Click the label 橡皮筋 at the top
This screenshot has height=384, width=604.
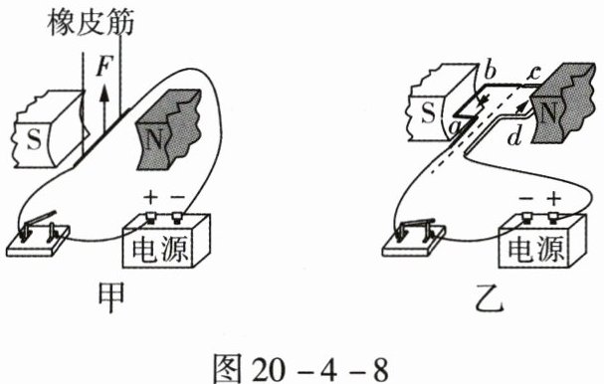coord(91,22)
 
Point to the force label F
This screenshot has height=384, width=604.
coord(103,68)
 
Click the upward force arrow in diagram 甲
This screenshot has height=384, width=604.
coord(103,108)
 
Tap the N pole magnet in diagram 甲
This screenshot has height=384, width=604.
coord(169,129)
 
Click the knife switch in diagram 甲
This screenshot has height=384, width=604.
coord(38,235)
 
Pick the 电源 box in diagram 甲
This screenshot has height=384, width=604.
coord(166,241)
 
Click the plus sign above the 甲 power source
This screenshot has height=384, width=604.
coord(150,198)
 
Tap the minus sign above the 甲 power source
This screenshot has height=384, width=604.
coord(177,198)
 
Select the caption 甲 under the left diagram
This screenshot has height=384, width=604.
coord(111,298)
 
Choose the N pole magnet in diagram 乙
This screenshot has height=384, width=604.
coord(561,103)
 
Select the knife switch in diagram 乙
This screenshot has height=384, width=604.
coord(414,237)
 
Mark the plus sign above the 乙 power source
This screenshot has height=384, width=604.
coord(554,199)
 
